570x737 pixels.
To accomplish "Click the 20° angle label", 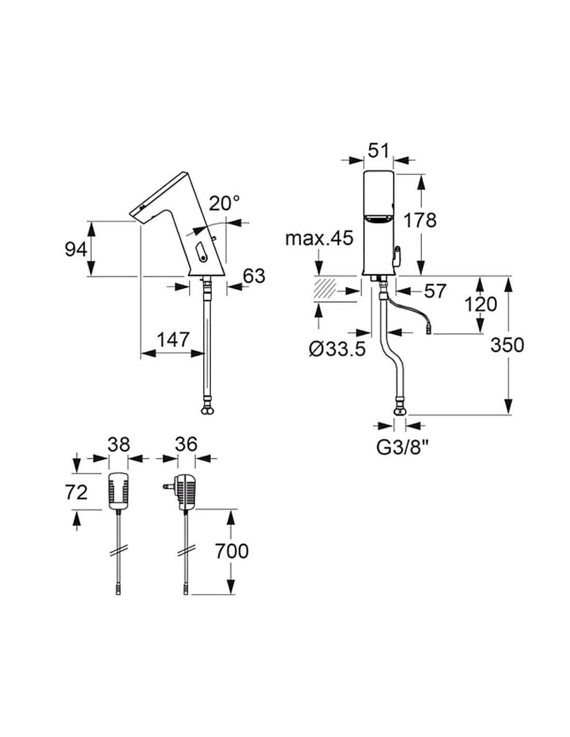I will pos(225,203).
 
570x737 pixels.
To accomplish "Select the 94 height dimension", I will pos(76,249).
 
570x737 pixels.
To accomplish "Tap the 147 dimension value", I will pos(173,339).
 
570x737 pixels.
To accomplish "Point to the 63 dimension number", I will pos(254,276).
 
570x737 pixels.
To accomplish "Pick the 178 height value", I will pos(420,220).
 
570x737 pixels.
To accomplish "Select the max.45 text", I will pos(319,238).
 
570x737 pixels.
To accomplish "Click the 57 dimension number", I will pos(435,291).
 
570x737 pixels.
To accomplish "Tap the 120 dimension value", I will pos(480,304).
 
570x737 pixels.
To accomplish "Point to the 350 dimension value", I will pos(508,345).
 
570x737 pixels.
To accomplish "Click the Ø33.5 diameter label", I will pos(337,349).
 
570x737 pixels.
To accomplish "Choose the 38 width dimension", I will pos(119,444).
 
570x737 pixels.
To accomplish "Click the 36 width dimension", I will pos(186,444).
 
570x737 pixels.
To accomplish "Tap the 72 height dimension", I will pos(77,491).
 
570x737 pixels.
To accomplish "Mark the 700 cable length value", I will pos(231,551).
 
